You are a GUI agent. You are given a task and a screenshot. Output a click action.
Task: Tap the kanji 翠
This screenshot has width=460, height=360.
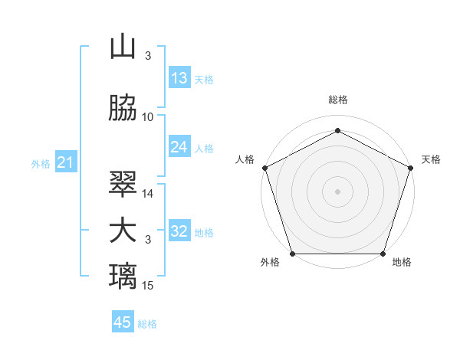[123, 184]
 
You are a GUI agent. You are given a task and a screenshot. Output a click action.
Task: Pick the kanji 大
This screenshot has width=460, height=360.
[123, 231]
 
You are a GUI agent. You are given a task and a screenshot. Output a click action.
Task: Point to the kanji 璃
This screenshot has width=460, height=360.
[123, 276]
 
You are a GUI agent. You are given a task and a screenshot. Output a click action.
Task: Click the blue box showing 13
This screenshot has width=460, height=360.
[179, 78]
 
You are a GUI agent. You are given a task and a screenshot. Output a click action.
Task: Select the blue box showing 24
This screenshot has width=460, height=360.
[179, 147]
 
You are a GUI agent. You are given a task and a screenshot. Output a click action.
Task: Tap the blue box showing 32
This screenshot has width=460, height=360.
[179, 231]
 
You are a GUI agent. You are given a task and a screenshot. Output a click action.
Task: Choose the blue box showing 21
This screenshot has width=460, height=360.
[65, 162]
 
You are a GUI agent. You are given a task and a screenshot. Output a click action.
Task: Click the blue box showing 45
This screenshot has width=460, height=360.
[123, 322]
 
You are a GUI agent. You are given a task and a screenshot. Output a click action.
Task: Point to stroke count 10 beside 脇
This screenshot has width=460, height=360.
[148, 116]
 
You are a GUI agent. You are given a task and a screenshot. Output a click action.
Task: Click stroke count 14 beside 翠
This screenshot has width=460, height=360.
[148, 194]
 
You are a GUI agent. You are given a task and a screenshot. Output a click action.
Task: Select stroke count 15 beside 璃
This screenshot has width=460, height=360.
[148, 286]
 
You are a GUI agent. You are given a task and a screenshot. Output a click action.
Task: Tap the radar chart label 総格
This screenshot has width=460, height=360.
[337, 100]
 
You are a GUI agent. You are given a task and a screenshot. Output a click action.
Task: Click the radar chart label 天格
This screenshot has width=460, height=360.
[431, 159]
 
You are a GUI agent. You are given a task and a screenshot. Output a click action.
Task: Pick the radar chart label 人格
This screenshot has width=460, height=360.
[245, 159]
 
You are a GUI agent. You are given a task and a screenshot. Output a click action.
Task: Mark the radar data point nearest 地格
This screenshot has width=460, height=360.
[383, 254]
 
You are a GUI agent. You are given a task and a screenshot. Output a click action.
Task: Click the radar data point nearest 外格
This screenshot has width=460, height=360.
[292, 254]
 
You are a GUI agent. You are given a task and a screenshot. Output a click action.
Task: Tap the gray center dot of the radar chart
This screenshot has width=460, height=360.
[337, 191]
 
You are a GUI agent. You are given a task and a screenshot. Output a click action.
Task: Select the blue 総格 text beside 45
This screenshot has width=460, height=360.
[147, 324]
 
